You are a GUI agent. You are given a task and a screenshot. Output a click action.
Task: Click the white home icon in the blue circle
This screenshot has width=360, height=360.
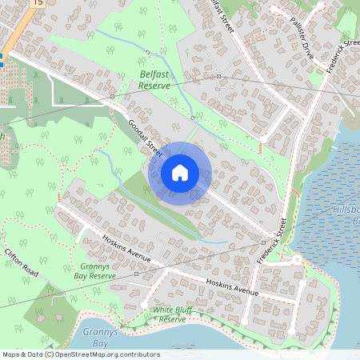click(x=180, y=172)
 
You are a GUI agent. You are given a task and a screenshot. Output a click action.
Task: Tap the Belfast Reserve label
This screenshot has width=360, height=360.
click(x=154, y=78)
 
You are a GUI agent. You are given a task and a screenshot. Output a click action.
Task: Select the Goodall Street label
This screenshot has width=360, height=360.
click(x=145, y=137)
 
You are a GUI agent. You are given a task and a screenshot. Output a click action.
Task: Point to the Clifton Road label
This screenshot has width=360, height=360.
click(x=21, y=262)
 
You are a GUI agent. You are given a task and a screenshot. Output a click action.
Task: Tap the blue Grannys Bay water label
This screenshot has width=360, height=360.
click(x=94, y=338)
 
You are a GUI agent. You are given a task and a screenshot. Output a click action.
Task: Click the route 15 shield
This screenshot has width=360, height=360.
click(x=38, y=3)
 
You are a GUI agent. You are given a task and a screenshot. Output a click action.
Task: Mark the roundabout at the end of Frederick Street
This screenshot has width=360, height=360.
click(x=297, y=260)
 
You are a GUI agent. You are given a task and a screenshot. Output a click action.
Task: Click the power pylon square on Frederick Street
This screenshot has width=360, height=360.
click(x=263, y=241)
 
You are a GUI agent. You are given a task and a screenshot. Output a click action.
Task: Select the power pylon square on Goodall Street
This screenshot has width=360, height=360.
click(x=112, y=95)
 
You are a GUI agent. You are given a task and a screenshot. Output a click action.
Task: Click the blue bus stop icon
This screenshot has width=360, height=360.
click(x=2, y=59)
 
